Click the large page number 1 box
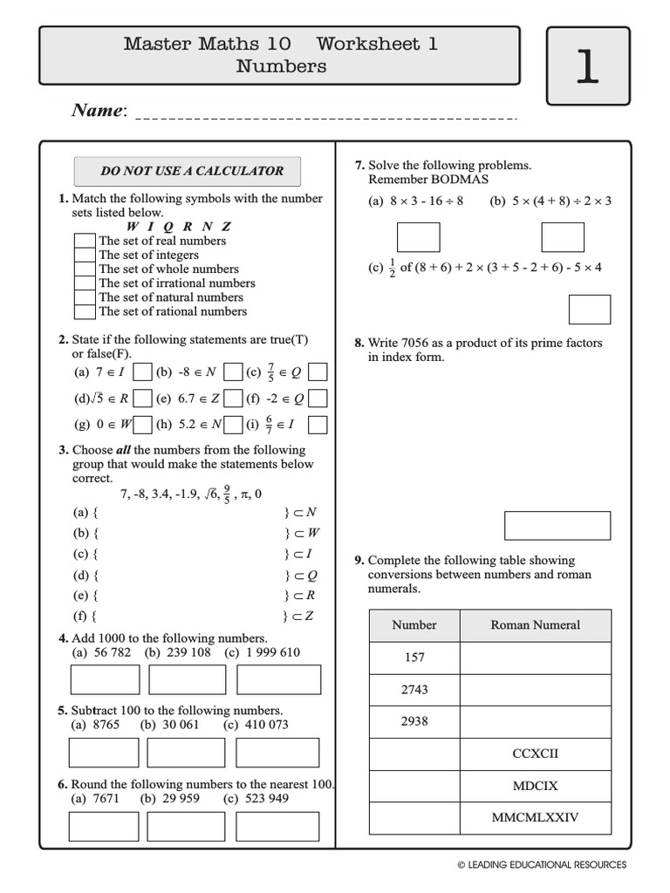[x=587, y=66]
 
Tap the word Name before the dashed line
[x=98, y=110]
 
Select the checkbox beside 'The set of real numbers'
[x=84, y=241]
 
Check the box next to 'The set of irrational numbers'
[x=84, y=283]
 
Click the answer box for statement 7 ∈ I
[x=143, y=372]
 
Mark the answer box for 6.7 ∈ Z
[x=233, y=399]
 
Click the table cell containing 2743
[x=414, y=689]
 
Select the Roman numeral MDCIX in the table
[x=535, y=786]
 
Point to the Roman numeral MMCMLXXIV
[x=535, y=818]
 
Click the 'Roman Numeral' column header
[x=535, y=624]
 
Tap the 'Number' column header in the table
[x=414, y=624]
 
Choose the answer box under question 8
[x=557, y=526]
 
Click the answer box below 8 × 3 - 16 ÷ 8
[x=419, y=237]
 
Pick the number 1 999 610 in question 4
[x=270, y=652]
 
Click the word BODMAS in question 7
[x=460, y=180]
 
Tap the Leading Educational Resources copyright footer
[x=541, y=864]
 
